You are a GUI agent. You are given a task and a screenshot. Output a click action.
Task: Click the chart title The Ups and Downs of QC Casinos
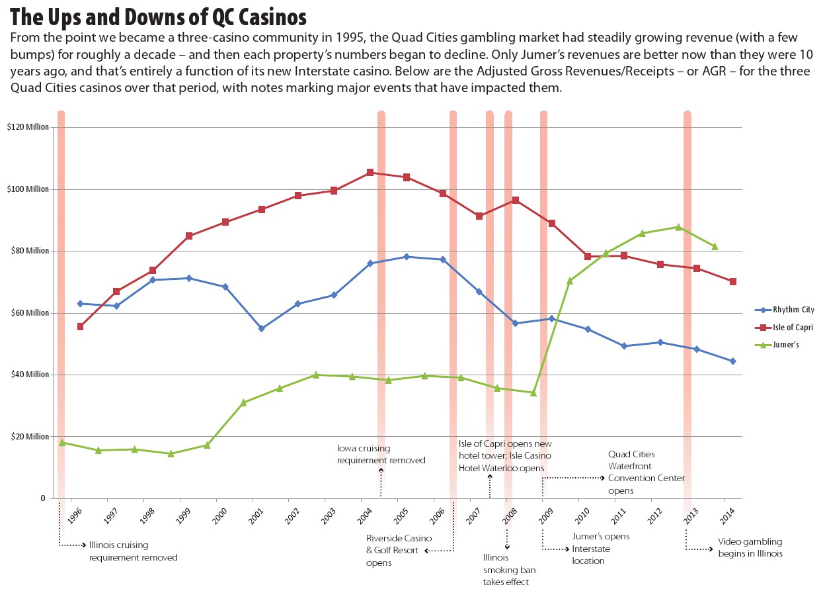(159, 15)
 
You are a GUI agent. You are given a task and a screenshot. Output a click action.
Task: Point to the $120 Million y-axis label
(28, 127)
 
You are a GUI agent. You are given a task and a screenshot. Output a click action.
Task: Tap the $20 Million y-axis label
(30, 437)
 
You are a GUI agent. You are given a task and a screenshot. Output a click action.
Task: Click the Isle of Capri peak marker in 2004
(370, 173)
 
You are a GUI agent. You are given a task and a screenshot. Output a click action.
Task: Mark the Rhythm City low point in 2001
(262, 328)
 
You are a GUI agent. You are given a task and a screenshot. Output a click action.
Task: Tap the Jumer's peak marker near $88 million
(678, 227)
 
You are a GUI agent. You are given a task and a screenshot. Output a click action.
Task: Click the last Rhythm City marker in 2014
(732, 361)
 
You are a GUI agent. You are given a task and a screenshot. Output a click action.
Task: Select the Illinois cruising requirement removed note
(133, 551)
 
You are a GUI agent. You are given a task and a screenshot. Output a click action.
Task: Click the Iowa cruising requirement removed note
(381, 454)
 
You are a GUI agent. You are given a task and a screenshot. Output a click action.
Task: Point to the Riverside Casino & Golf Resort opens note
(393, 550)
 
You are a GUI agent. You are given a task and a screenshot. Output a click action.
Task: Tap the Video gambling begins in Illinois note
(750, 547)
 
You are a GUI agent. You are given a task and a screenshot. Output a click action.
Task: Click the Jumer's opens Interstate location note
(600, 549)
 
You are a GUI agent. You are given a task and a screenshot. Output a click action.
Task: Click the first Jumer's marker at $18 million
(62, 442)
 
